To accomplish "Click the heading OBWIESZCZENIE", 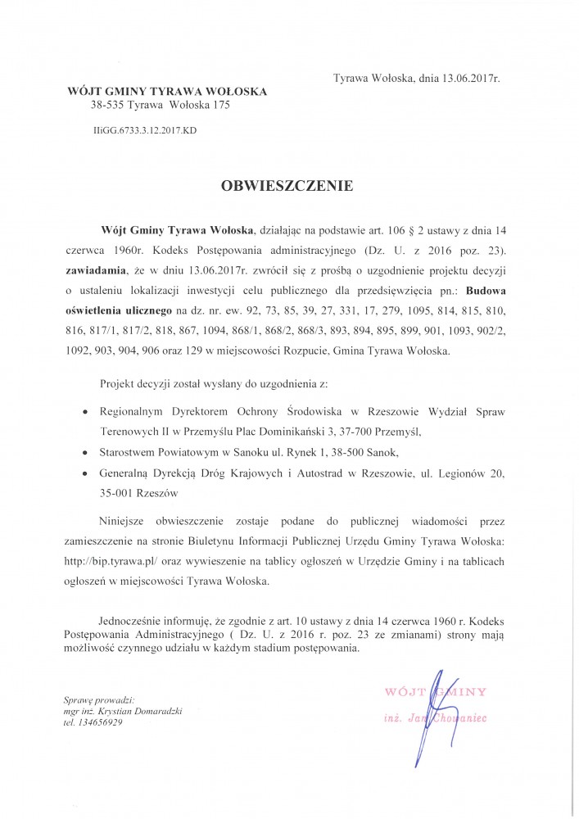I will click(287, 186).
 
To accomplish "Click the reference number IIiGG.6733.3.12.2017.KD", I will click(145, 129).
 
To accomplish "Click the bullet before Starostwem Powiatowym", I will click(87, 451).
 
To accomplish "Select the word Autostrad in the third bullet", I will click(323, 472).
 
